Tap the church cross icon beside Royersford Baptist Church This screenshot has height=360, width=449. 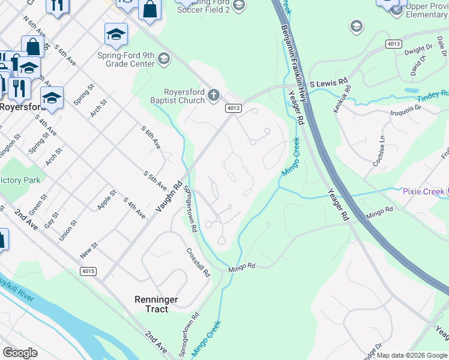click(213, 95)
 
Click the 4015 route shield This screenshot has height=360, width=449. click(88, 271)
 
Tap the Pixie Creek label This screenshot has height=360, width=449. click(423, 191)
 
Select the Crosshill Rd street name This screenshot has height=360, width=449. click(198, 262)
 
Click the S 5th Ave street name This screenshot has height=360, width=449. click(154, 182)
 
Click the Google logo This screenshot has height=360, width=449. click(20, 353)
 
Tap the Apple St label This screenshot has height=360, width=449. click(106, 200)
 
